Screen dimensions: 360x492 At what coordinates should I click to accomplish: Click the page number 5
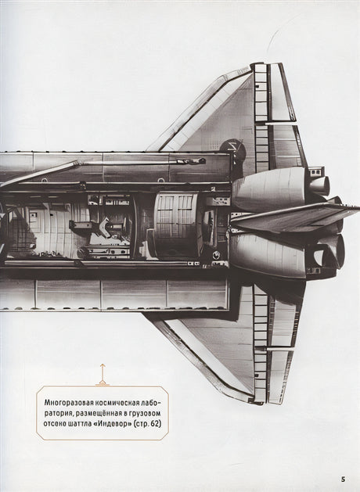[x=343, y=479]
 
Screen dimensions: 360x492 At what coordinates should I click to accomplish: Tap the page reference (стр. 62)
[x=147, y=424]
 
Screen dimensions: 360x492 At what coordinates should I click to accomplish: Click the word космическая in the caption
[x=106, y=402]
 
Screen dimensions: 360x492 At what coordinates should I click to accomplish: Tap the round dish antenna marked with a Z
[x=233, y=149]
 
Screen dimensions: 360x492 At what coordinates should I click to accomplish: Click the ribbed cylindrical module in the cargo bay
[x=177, y=225]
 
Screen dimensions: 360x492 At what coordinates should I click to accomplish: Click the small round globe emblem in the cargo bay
[x=216, y=254]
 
